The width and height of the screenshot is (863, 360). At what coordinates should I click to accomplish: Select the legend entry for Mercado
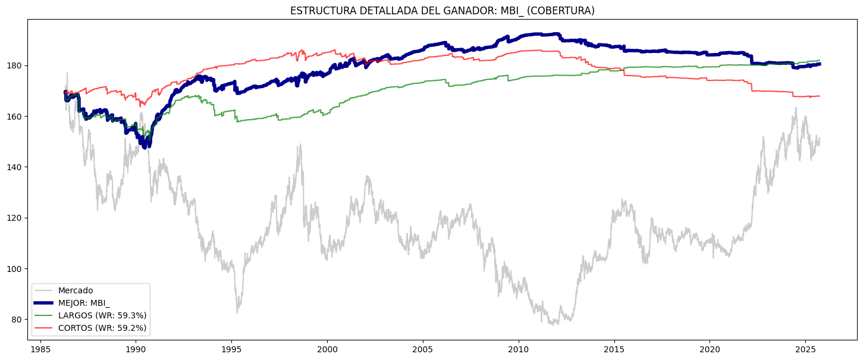(x=76, y=291)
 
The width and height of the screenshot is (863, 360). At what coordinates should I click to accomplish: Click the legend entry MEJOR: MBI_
(x=84, y=303)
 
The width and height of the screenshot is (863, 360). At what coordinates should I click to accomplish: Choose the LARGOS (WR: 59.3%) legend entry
(x=102, y=315)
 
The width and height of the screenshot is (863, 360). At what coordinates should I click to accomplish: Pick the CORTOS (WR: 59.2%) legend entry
(x=102, y=328)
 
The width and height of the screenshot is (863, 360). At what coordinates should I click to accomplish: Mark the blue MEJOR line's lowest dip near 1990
(x=146, y=146)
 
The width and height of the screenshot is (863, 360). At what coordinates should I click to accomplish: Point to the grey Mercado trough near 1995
(x=237, y=312)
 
